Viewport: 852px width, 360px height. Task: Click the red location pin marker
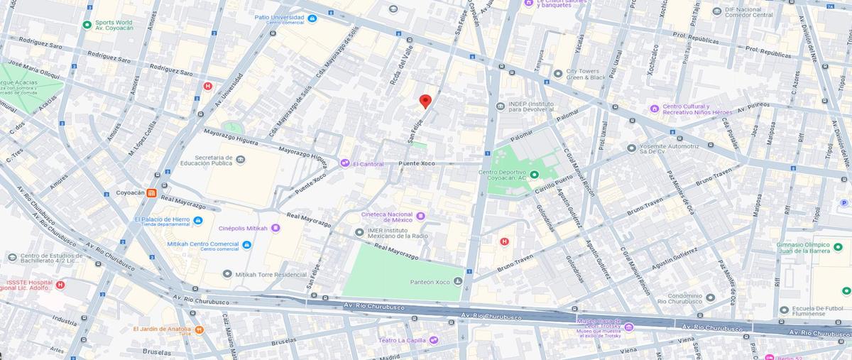(425, 102)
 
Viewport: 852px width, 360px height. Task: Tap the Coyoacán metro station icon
(151, 193)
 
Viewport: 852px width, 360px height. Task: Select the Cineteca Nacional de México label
(387, 216)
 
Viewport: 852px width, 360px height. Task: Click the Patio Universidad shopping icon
(312, 18)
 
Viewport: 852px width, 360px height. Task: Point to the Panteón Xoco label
(430, 282)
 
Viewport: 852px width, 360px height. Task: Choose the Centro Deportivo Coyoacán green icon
(534, 175)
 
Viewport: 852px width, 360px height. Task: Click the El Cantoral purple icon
(344, 163)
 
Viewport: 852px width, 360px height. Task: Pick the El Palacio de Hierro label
(162, 219)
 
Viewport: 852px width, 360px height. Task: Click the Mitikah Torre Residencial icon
(227, 274)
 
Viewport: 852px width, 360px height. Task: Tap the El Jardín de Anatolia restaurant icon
(200, 329)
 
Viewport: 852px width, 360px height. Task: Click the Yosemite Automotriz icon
(631, 148)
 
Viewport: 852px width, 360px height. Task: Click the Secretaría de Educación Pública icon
(241, 160)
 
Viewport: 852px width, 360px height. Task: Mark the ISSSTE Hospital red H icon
(60, 285)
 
